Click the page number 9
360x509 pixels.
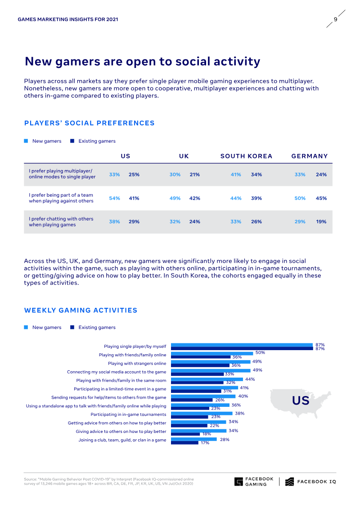click(335, 19)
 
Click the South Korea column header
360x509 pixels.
click(246, 156)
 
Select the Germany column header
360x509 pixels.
click(310, 156)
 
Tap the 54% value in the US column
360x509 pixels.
click(114, 198)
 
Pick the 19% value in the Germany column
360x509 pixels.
click(321, 222)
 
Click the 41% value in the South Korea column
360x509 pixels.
click(236, 175)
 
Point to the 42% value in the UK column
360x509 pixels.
click(195, 198)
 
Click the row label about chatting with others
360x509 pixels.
click(61, 222)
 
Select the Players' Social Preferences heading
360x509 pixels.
click(89, 123)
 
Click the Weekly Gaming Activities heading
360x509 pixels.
click(81, 311)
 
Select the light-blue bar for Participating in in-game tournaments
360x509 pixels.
click(202, 413)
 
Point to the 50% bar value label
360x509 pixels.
click(260, 353)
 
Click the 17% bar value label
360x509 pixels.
click(205, 443)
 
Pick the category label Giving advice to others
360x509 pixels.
click(121, 431)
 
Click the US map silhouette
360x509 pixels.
click(300, 401)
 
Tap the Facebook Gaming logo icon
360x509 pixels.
click(238, 482)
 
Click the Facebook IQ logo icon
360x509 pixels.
click(290, 482)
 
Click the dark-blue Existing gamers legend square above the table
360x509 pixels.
click(72, 141)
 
